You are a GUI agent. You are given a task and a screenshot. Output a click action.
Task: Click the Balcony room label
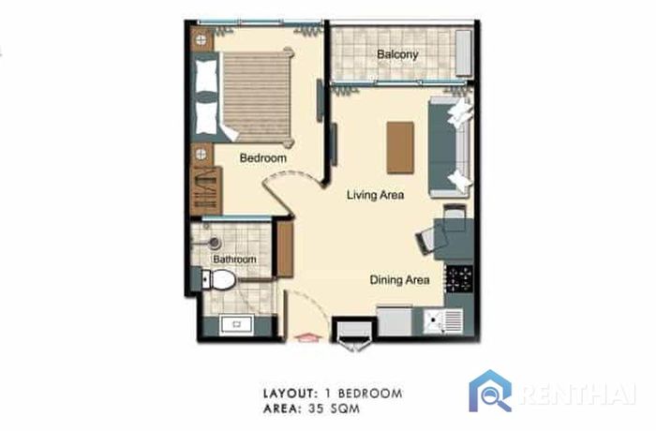397,54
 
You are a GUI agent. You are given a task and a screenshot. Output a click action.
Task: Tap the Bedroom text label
262,158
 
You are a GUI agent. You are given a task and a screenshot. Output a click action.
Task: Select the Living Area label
375,195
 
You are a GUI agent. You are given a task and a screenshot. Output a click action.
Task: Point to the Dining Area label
399,280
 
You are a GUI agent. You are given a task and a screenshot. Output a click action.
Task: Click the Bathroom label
234,260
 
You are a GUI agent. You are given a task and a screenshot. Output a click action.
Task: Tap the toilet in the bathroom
217,279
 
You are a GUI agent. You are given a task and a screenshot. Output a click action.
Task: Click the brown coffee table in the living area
400,147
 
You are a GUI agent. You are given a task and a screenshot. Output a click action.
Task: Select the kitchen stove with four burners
459,279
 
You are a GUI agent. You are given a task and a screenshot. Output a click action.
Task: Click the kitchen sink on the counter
442,321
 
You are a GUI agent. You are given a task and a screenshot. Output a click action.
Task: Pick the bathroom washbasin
236,324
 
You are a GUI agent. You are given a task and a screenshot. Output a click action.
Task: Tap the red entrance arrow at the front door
306,337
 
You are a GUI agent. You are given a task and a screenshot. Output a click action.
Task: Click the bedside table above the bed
201,40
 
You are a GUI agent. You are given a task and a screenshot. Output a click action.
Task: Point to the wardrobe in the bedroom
206,190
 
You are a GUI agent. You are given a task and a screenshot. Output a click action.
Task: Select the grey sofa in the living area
451,147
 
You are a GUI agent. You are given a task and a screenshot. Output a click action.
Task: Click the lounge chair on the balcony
464,53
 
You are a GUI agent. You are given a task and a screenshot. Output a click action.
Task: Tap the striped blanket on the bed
256,97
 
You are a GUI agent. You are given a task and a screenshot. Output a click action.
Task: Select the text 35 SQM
334,409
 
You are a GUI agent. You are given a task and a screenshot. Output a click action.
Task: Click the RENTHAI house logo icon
490,391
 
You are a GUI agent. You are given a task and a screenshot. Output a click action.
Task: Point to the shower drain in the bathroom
215,243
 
